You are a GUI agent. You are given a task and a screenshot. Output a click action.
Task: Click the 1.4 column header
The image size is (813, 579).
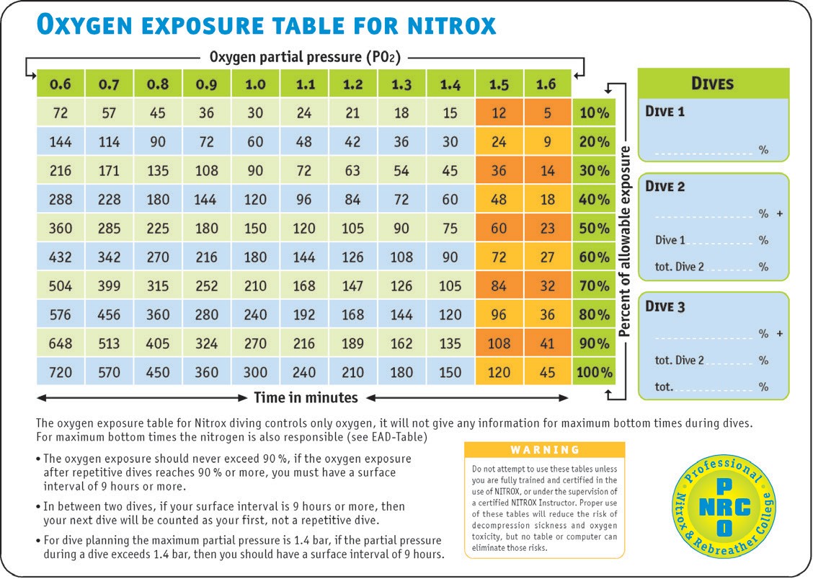(450, 84)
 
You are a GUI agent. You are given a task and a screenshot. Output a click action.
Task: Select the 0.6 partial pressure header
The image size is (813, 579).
(60, 84)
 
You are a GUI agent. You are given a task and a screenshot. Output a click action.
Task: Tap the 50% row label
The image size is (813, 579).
(595, 229)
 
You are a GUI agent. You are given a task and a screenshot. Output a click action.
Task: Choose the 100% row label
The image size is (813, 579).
(595, 373)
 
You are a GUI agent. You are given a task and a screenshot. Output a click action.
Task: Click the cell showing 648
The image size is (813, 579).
(61, 344)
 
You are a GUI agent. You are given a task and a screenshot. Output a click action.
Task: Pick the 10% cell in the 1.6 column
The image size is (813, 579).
(547, 113)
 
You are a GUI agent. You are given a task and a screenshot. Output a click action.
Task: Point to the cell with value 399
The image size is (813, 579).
(109, 286)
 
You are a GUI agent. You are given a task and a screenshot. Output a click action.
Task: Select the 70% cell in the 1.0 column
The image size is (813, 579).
(255, 286)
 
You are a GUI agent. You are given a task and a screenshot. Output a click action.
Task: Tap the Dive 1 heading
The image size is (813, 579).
(665, 112)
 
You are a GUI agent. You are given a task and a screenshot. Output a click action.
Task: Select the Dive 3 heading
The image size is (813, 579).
(665, 306)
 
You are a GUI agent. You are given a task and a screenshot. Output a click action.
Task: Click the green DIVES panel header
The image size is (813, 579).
(713, 83)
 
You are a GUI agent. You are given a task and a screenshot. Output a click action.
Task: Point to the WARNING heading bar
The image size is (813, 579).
(545, 450)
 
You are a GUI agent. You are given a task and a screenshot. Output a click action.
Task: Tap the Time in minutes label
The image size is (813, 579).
(306, 397)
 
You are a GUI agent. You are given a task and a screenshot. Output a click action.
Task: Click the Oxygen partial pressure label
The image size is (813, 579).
(305, 56)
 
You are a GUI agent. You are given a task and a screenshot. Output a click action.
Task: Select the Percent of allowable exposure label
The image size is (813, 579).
(626, 242)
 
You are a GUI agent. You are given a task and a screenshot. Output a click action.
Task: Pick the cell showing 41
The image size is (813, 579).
(547, 344)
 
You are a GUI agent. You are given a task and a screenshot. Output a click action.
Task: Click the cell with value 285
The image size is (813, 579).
(109, 229)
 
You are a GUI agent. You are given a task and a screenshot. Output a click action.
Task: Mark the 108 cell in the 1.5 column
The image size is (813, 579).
(499, 344)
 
